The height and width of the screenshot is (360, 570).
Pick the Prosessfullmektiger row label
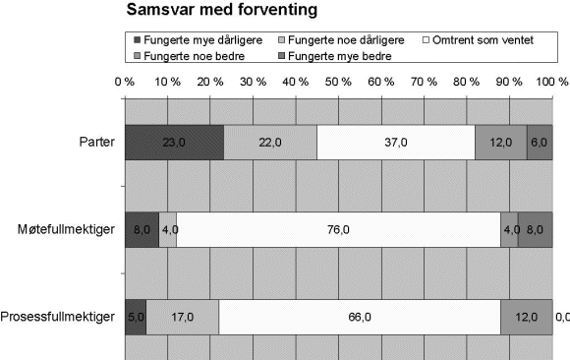[x=59, y=317]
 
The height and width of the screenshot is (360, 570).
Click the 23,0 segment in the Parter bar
[x=174, y=143]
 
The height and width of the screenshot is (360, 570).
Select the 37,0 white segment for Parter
[x=396, y=143]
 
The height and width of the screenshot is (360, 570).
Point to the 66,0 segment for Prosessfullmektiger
[x=359, y=317]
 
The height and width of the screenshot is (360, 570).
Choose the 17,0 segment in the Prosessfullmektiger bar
[x=182, y=317]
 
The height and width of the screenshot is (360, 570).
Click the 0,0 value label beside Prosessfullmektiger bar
[x=562, y=317]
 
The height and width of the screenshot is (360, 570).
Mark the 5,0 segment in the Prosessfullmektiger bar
[x=136, y=317]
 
